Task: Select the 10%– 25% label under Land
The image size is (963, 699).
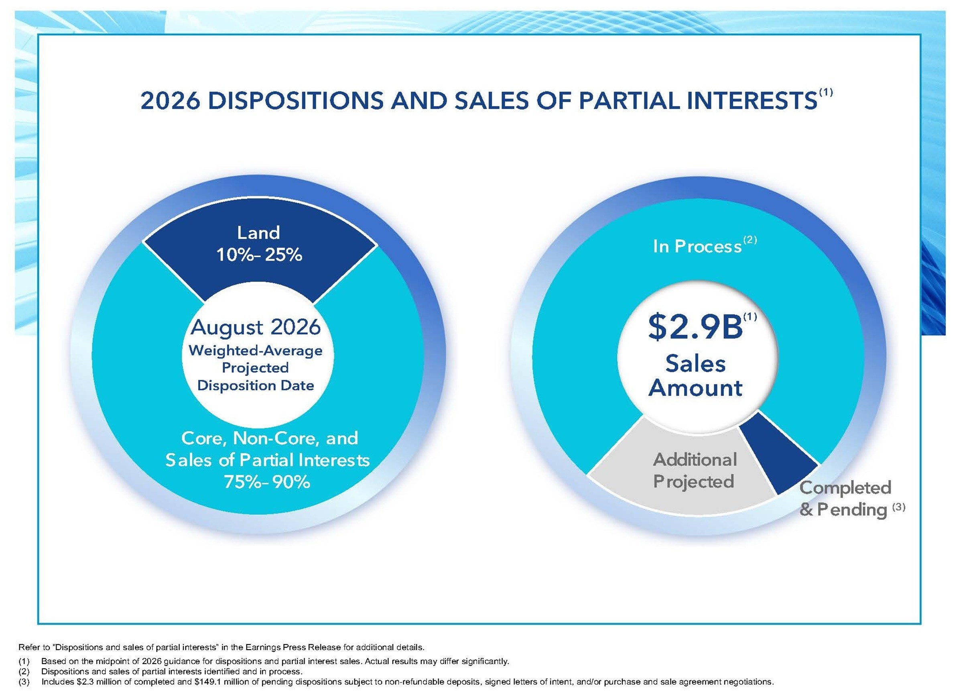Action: [259, 255]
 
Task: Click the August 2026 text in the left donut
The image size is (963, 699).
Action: [256, 327]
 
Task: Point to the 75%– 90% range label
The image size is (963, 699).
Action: [267, 482]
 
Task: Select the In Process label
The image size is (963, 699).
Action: [697, 247]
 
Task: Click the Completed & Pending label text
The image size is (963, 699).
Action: [845, 498]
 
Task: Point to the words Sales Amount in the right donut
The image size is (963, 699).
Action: [695, 376]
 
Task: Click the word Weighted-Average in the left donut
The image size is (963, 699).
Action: [256, 351]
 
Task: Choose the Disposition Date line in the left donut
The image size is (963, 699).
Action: [256, 385]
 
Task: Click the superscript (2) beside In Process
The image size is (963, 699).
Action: [750, 240]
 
